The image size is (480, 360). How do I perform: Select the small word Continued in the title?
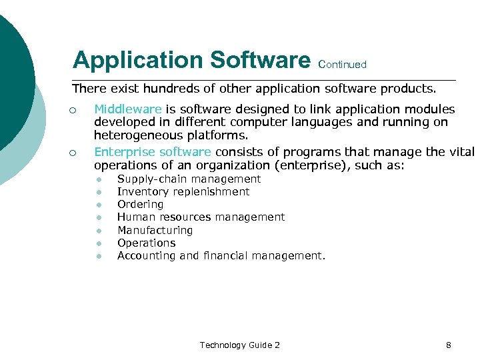coord(343,65)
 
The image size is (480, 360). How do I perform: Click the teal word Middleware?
coord(128,109)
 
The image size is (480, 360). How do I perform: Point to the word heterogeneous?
coord(137,135)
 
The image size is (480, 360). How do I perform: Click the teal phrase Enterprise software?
coord(152,152)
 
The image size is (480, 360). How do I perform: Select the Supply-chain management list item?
coord(189,179)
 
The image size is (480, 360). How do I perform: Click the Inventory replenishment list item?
coord(183,192)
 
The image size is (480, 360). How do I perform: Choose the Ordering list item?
coord(140,205)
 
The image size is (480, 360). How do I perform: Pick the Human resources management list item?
coord(201,217)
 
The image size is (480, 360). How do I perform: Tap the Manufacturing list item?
coord(155,230)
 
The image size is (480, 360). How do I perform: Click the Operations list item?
coord(146,243)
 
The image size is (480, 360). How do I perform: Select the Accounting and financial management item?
coord(221,255)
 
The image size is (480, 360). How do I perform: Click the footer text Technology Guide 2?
coord(239,345)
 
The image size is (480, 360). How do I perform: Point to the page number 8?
coord(449,345)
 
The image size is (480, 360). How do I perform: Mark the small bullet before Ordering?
coord(98,205)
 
